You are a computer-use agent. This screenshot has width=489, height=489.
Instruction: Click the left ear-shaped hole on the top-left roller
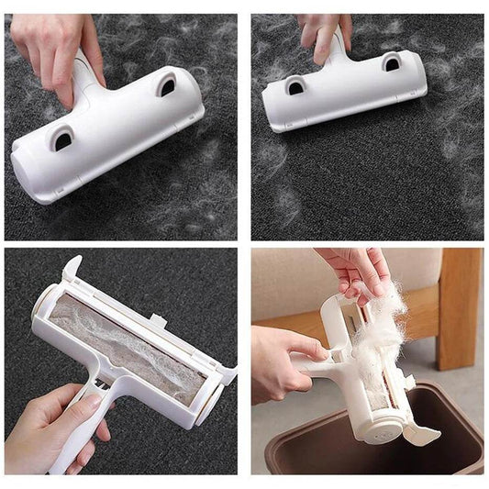62,139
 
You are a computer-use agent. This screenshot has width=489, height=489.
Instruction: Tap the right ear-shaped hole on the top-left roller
167,86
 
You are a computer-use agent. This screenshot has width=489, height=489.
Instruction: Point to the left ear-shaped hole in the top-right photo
295,86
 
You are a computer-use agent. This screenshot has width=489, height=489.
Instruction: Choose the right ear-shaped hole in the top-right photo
391,62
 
